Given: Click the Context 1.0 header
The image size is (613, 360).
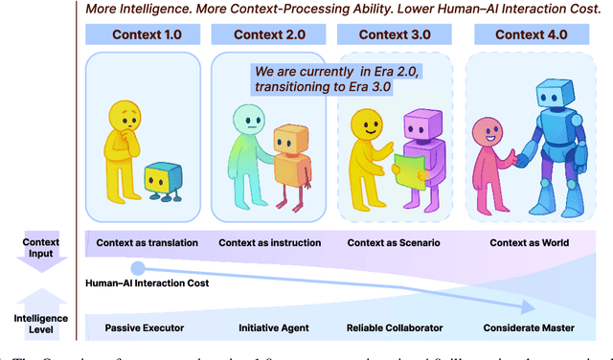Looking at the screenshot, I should [x=146, y=35].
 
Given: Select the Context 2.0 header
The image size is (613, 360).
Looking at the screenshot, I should [x=270, y=35].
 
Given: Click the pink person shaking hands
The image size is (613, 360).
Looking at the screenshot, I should [x=485, y=163].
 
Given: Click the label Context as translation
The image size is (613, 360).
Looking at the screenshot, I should [x=147, y=243].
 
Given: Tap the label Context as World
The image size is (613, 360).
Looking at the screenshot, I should [x=529, y=243].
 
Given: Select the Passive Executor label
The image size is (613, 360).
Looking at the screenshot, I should [x=144, y=328].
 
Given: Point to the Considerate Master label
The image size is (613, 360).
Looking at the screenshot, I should [x=529, y=328].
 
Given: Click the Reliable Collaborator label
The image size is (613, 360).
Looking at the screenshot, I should [x=396, y=328].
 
